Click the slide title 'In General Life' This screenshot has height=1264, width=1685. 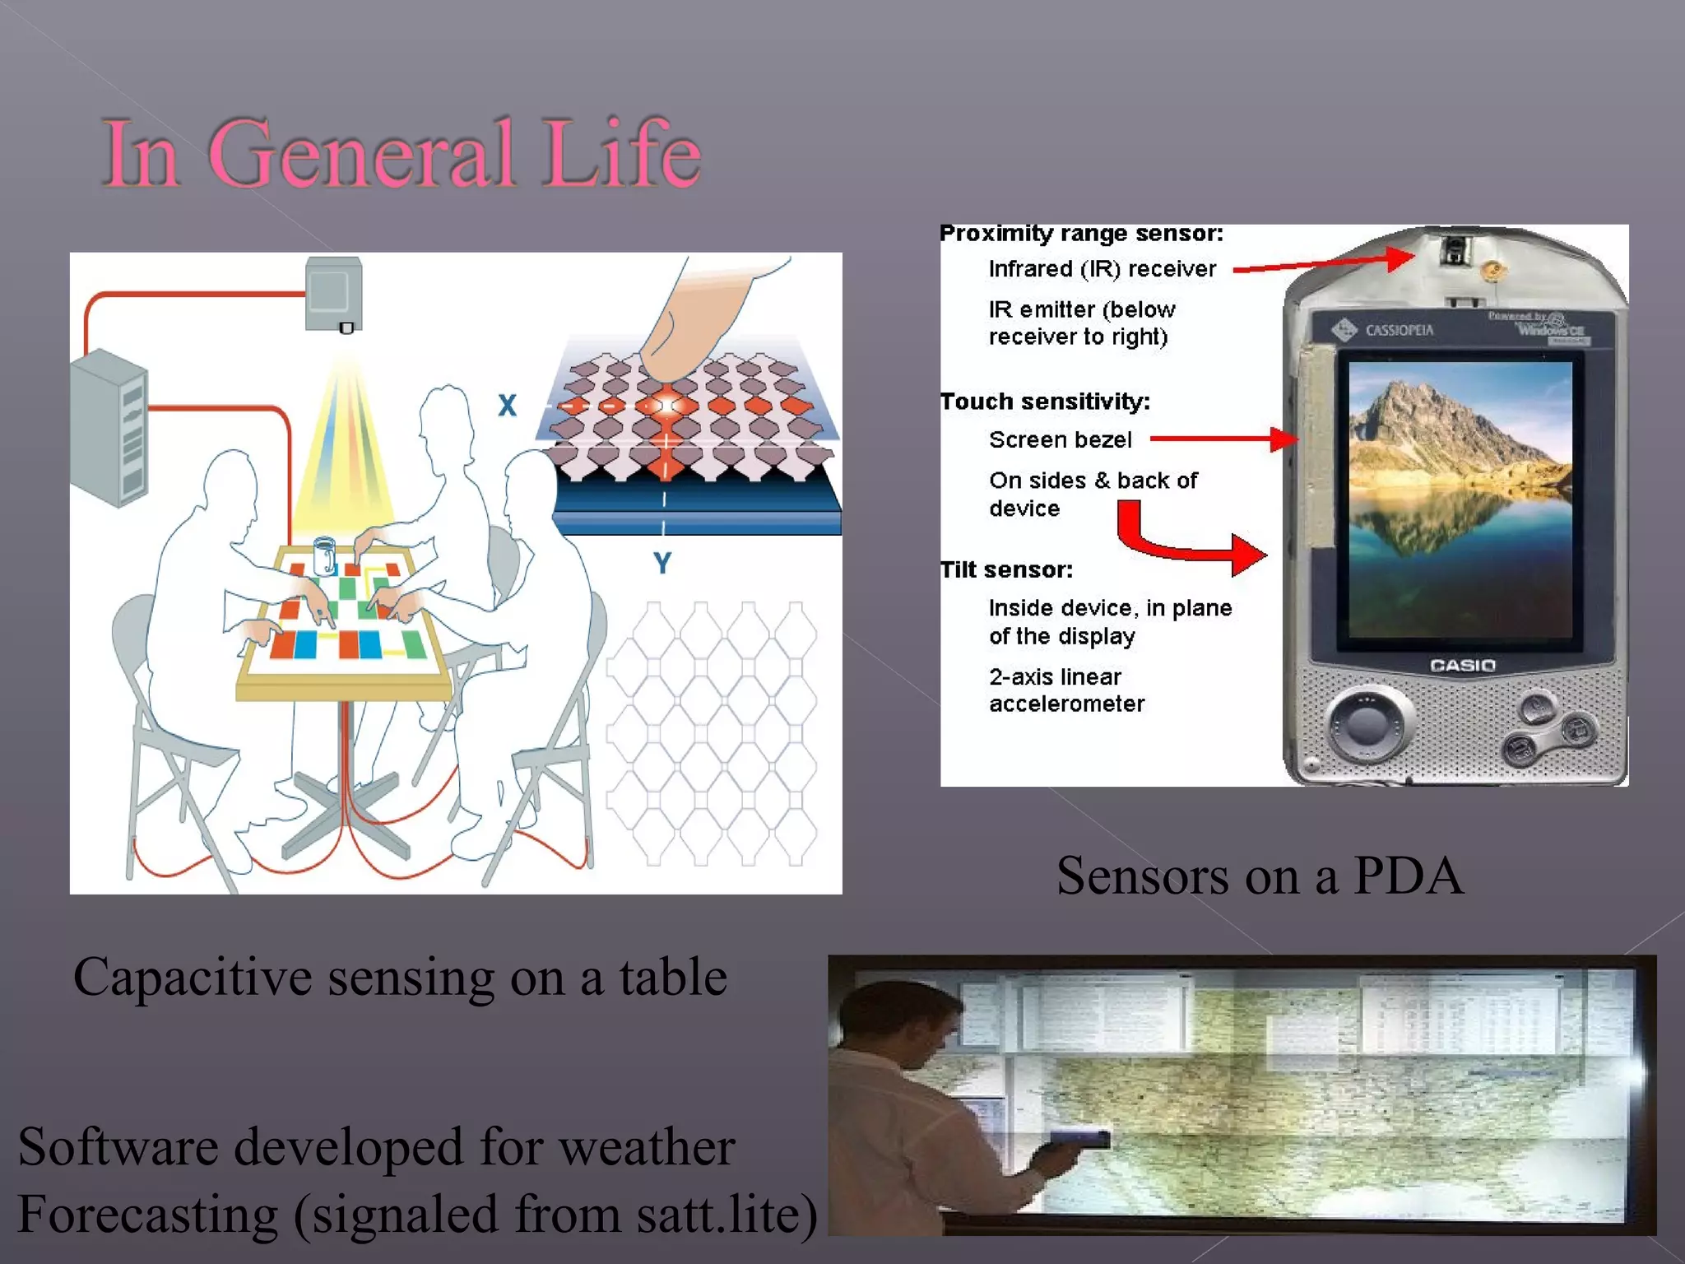pos(402,153)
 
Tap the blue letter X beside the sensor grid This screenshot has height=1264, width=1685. pos(507,405)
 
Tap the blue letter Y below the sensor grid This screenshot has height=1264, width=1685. pos(662,563)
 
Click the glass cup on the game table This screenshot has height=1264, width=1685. pos(324,555)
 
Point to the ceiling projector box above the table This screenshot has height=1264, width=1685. pos(334,293)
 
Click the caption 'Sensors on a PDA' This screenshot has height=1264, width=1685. pos(1259,876)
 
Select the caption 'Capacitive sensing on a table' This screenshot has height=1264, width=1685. pos(400,978)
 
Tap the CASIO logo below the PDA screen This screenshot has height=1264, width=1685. pos(1462,665)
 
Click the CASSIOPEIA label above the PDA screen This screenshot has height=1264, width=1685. pos(1399,330)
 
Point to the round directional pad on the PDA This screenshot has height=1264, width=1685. pos(1367,725)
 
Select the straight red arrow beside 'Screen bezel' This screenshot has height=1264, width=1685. pos(1223,439)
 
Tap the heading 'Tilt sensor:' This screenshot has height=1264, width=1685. pos(1006,569)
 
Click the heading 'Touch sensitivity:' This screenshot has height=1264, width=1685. pos(1045,402)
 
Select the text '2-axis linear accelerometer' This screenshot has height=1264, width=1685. pos(1066,690)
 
